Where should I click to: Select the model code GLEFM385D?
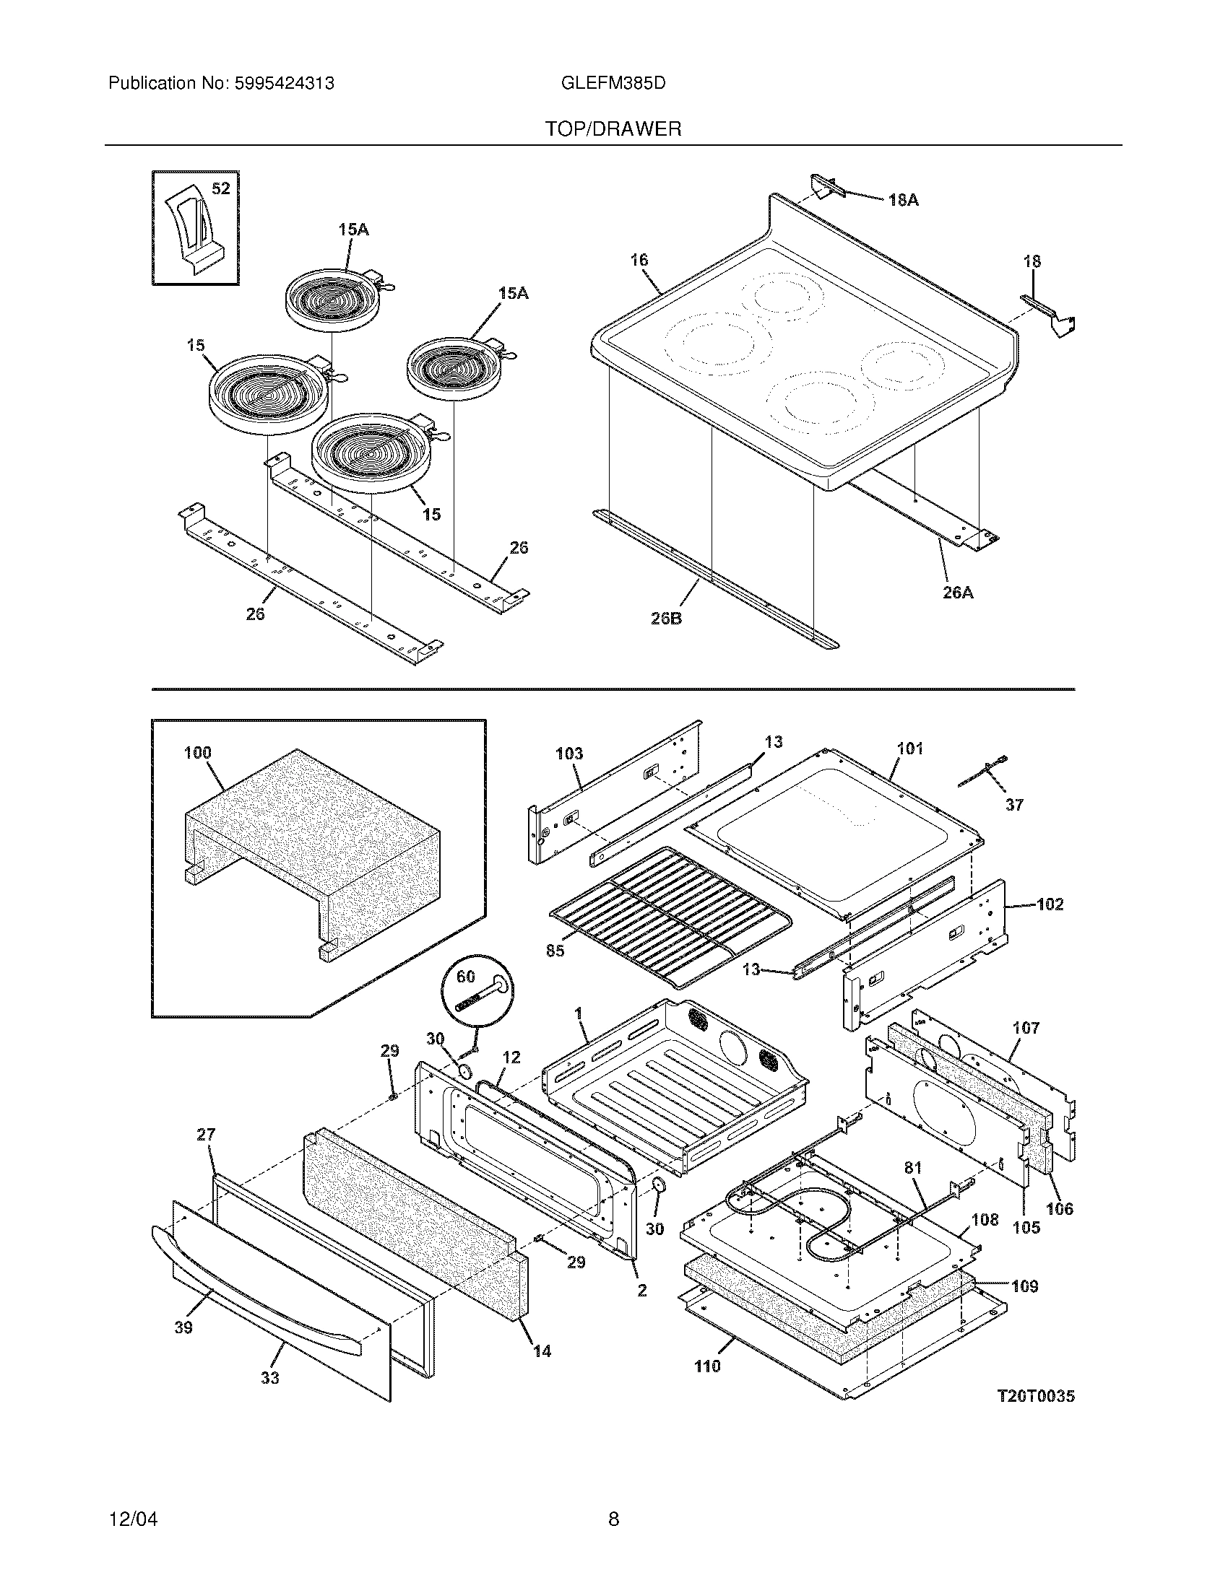613,84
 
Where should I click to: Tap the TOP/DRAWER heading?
613,129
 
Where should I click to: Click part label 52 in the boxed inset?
220,189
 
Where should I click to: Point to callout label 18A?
903,200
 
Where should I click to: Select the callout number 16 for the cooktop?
639,261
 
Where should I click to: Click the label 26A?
957,593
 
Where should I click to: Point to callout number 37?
1014,805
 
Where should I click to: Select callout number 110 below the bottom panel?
706,1366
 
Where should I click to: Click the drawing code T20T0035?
1035,1396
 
